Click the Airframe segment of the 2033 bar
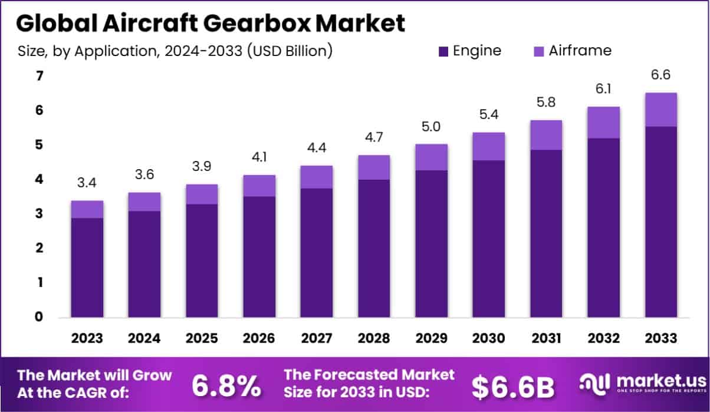(x=660, y=110)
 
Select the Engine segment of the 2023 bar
(x=87, y=268)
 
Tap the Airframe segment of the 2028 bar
(x=374, y=167)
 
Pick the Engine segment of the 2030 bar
(x=488, y=239)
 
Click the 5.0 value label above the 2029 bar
(x=431, y=127)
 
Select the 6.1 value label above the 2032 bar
(x=603, y=90)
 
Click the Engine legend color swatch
(x=443, y=51)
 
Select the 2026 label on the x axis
(x=259, y=339)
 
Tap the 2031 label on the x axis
(x=546, y=339)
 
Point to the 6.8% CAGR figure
(x=226, y=385)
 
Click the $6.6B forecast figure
(x=513, y=386)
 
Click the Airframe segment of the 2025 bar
(x=202, y=195)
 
